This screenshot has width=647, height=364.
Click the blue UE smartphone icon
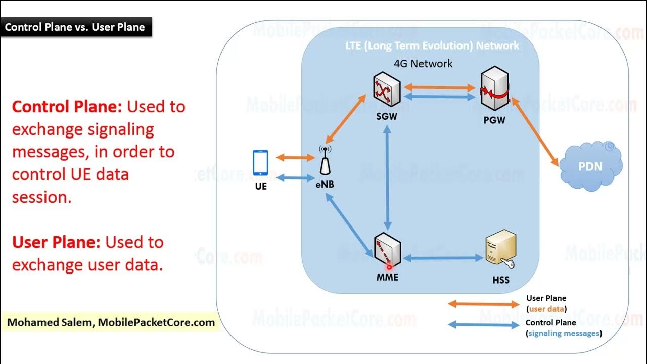point(260,163)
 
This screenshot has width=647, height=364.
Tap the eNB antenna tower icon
point(325,160)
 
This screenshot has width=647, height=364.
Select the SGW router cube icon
point(387,89)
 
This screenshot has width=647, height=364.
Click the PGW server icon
point(494,88)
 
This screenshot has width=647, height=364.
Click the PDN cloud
point(591,166)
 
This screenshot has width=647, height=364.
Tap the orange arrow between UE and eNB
point(296,157)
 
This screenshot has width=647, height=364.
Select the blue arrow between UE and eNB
point(296,178)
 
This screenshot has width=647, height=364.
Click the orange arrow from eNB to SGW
point(345,119)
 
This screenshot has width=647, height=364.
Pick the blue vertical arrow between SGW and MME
point(387,177)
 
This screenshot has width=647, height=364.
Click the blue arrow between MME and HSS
point(443,258)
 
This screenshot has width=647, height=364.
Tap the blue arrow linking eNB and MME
point(349,225)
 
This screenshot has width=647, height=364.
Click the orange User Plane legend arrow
point(484,304)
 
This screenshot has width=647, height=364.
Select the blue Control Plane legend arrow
point(484,325)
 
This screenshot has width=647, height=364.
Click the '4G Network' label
point(423,64)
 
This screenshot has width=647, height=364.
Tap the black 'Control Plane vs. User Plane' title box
point(76,27)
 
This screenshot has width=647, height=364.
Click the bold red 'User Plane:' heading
point(56,242)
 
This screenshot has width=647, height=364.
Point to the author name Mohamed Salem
point(50,322)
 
